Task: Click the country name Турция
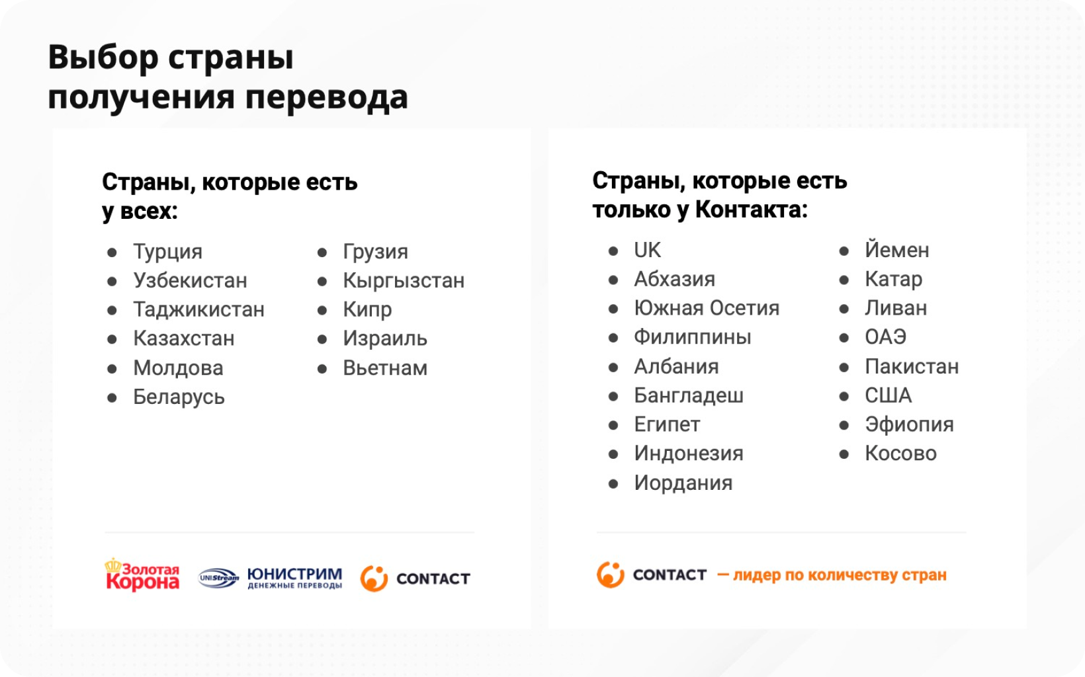[x=167, y=252]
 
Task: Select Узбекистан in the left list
[x=191, y=281]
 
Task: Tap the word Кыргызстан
[x=404, y=281]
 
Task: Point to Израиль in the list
[x=385, y=338]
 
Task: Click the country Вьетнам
[x=385, y=368]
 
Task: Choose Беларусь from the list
[x=179, y=397]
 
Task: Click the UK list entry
[x=647, y=250]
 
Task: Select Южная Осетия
[x=707, y=308]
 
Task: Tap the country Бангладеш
[x=689, y=395]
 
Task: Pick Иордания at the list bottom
[x=683, y=483]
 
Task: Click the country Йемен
[x=897, y=250]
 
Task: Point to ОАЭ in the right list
[x=885, y=337]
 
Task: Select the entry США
[x=889, y=395]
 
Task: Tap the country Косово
[x=901, y=454]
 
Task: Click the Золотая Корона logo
[x=142, y=575]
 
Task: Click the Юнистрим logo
[x=271, y=578]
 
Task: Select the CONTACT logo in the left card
[x=415, y=578]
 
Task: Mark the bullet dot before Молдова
[x=112, y=369]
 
